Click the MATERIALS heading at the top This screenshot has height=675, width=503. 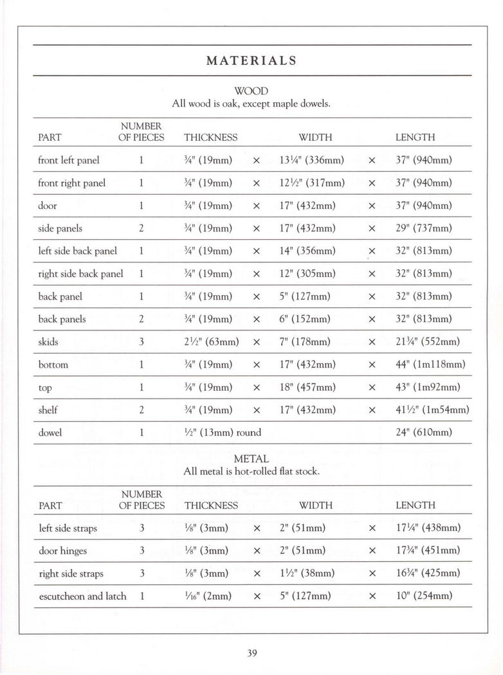(x=251, y=61)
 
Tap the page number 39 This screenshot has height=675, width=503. (x=251, y=654)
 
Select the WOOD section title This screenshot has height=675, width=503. (x=251, y=91)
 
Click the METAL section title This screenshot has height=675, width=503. (x=251, y=459)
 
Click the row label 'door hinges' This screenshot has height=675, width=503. (x=62, y=551)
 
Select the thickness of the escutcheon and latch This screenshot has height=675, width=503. (x=207, y=596)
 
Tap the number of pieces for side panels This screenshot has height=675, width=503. (x=141, y=228)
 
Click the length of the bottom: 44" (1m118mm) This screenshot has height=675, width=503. (x=430, y=364)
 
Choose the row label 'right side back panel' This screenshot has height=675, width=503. (x=80, y=274)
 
